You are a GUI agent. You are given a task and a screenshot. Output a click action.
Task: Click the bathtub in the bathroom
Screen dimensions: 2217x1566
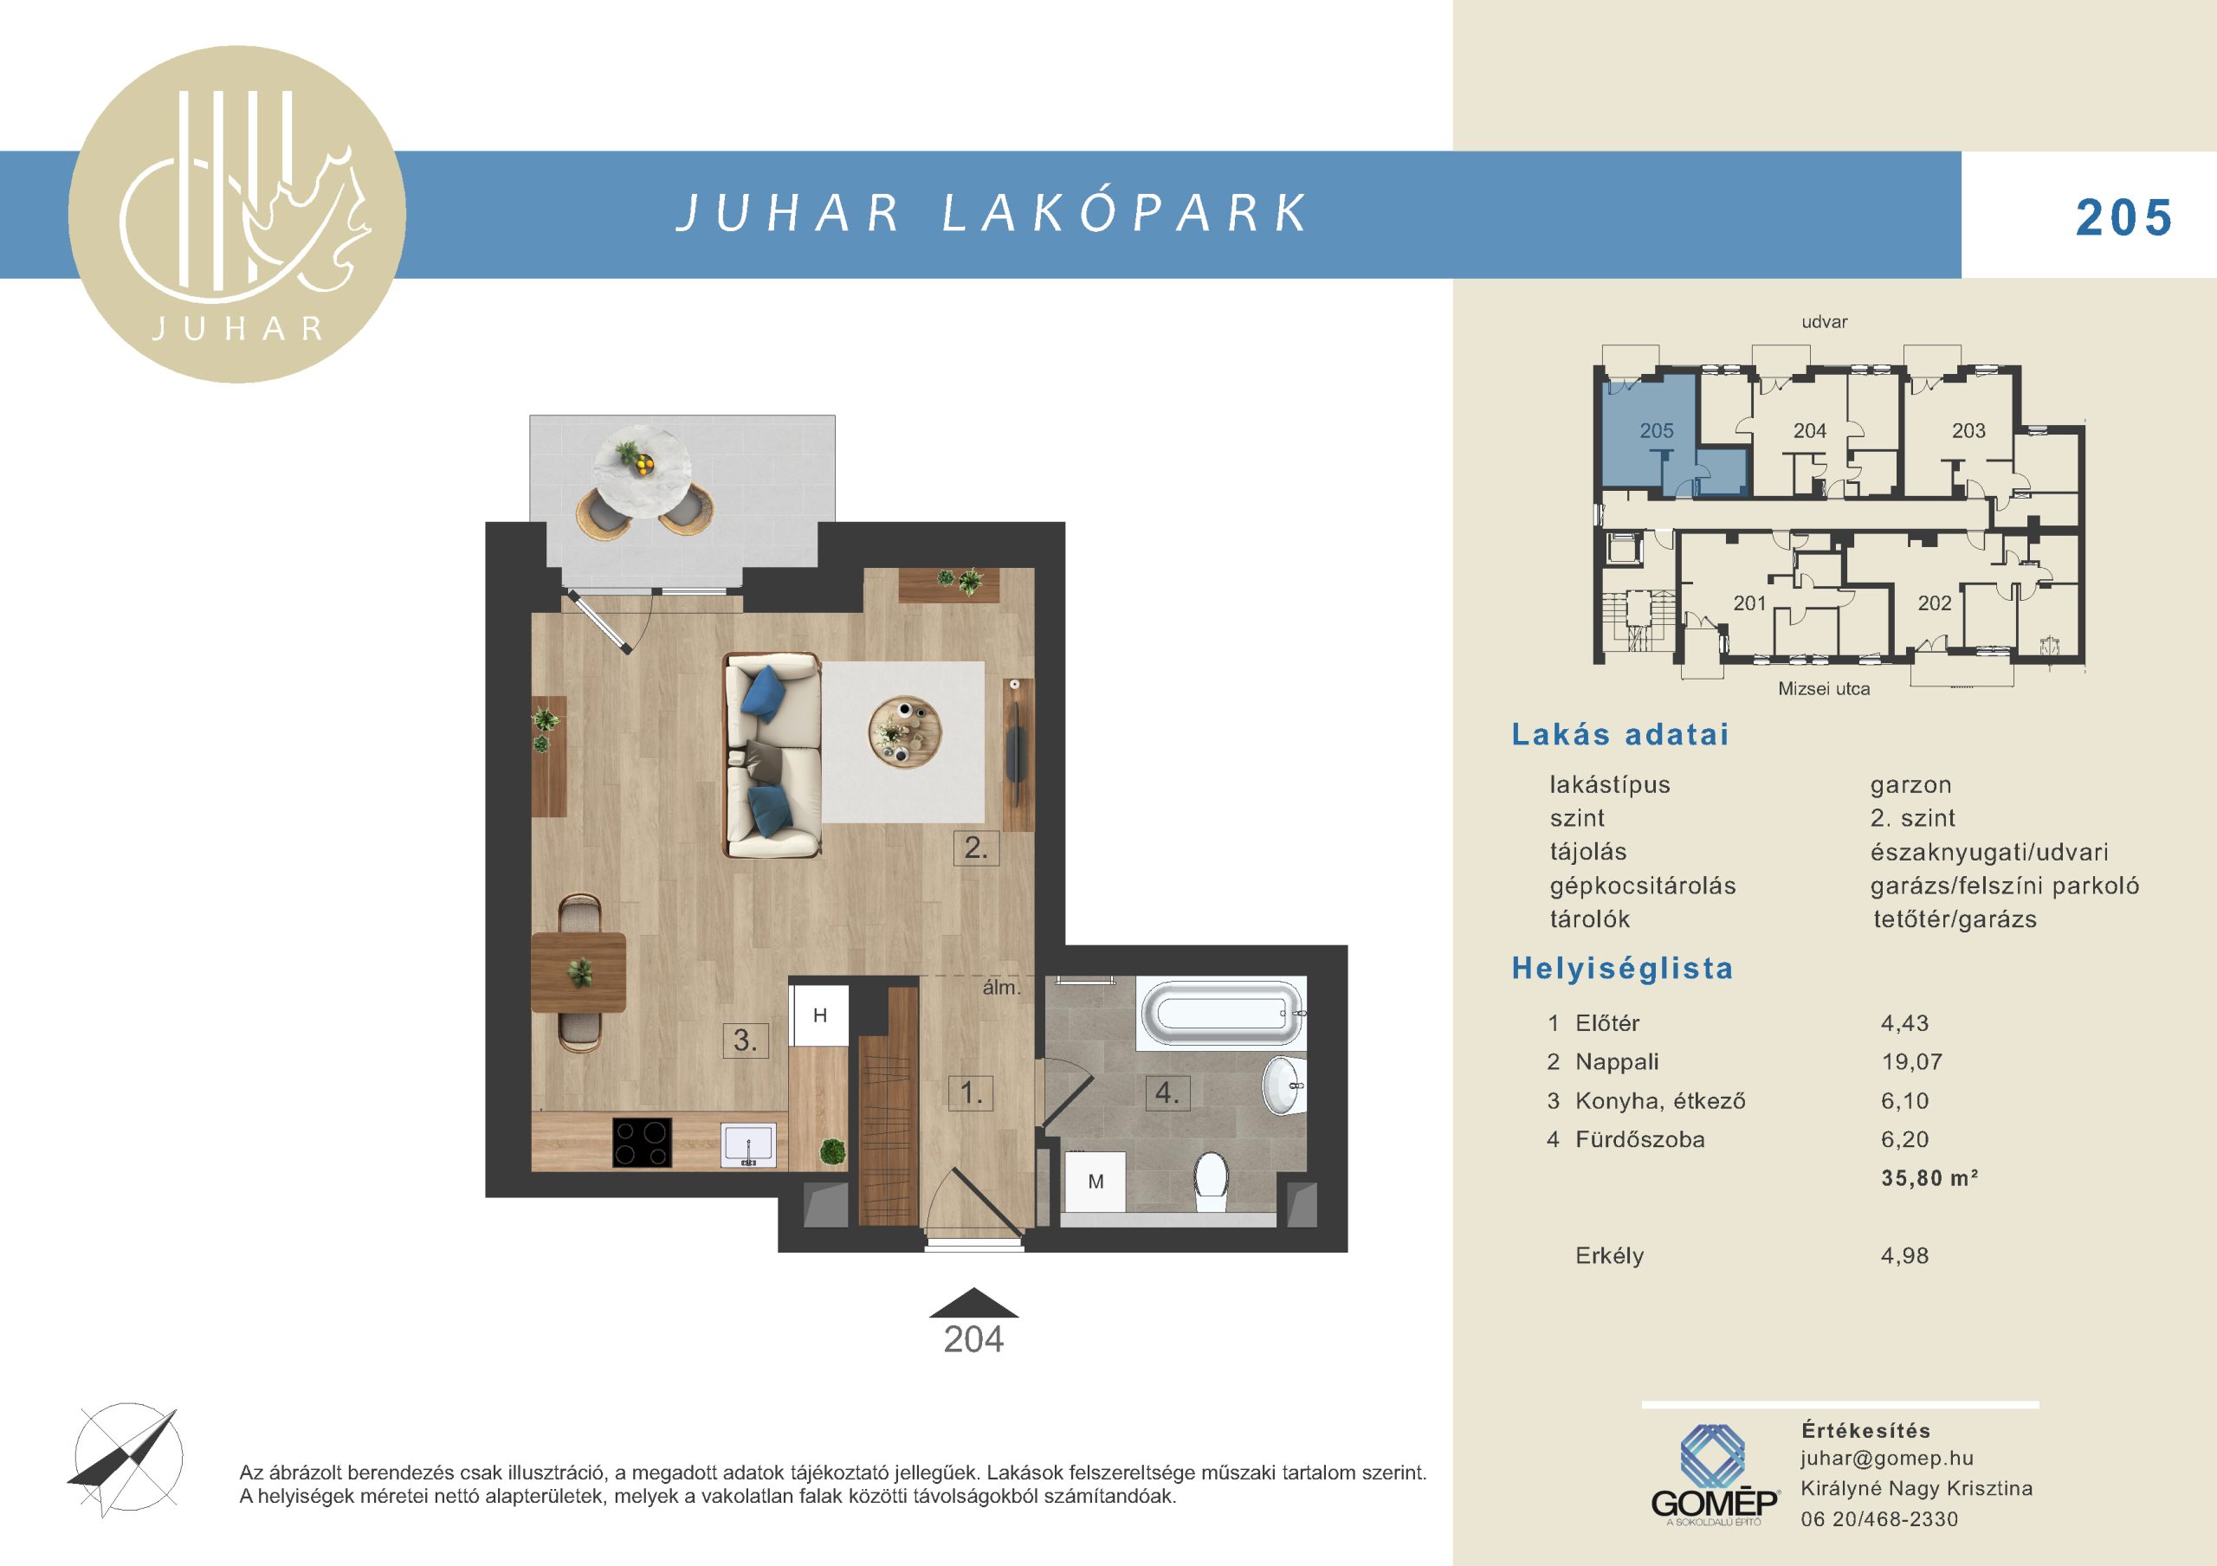point(1224,1013)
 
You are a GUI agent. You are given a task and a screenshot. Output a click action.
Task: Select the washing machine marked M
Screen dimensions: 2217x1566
point(1095,1181)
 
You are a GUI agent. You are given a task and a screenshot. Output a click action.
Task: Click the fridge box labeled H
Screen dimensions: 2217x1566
point(820,1015)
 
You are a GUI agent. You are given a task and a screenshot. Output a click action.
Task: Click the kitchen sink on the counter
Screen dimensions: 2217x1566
point(748,1145)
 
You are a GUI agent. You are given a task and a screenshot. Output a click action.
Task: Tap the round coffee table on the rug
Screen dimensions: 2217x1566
point(904,731)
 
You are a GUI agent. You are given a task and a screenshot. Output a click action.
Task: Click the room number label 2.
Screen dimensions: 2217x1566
point(975,847)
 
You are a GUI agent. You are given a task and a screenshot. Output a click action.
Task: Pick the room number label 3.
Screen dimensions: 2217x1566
point(746,1040)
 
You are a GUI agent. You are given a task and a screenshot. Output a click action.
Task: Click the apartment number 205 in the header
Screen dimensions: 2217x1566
point(2124,218)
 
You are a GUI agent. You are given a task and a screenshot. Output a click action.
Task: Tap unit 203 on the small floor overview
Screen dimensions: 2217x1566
point(1968,430)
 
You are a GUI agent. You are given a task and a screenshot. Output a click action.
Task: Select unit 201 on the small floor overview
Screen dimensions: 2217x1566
point(1748,603)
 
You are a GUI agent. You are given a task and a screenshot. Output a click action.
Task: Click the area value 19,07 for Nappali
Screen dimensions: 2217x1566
point(1911,1062)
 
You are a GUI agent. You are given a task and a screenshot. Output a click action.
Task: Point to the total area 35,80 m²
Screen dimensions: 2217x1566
point(1929,1178)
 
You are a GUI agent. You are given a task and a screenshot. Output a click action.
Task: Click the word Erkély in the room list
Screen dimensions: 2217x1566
point(1609,1256)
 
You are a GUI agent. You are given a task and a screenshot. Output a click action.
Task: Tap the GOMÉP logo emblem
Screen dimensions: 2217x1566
point(1713,1458)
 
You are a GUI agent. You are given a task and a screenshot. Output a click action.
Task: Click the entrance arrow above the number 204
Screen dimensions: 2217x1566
point(973,1303)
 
